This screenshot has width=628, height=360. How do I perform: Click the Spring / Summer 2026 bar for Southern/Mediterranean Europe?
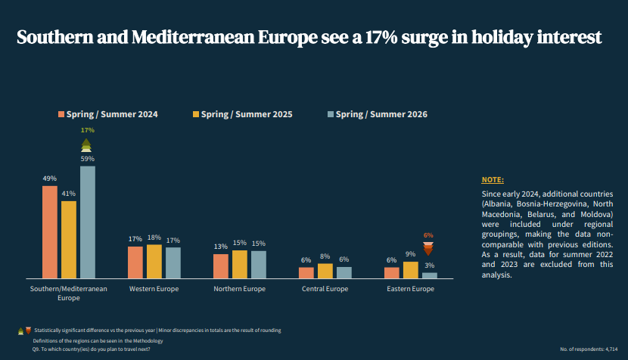(x=88, y=222)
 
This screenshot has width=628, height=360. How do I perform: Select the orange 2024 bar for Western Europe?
(x=135, y=262)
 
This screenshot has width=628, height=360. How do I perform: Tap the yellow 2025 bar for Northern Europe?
(x=240, y=264)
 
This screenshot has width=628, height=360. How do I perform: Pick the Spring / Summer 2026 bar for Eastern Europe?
(x=430, y=275)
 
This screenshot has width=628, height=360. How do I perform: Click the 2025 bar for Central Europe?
(x=325, y=271)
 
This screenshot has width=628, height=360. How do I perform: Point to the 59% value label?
(x=88, y=159)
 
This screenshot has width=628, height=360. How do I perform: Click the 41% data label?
(x=69, y=194)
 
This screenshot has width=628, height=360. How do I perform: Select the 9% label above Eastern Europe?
(x=411, y=254)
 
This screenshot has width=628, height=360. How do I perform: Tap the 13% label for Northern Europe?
(x=221, y=247)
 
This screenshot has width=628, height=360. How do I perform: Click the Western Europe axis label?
(x=154, y=289)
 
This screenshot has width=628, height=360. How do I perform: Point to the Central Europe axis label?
(x=325, y=289)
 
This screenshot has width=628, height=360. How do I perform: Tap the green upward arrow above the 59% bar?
(x=87, y=144)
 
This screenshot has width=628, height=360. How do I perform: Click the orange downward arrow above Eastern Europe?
(x=428, y=249)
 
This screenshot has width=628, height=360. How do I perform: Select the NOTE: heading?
(x=493, y=180)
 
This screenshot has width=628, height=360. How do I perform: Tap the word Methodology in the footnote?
(x=145, y=341)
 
